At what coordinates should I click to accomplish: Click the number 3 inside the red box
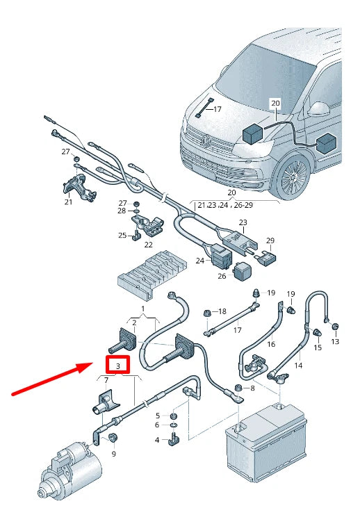[118, 365]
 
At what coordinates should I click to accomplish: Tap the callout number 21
[68, 202]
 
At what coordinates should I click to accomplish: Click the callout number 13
[335, 341]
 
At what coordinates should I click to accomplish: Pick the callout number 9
[113, 454]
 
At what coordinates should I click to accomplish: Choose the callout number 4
[157, 439]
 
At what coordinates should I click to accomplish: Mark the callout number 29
[270, 240]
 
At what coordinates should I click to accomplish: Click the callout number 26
[222, 276]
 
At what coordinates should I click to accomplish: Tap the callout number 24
[200, 261]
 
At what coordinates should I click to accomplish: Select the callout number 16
[270, 344]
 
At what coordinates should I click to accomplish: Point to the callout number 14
[299, 364]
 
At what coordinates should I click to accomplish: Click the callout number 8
[252, 388]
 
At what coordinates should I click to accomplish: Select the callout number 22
[148, 244]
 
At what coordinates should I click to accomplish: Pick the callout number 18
[222, 311]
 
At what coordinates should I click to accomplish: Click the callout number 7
[106, 380]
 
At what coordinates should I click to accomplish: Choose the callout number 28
[122, 211]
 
